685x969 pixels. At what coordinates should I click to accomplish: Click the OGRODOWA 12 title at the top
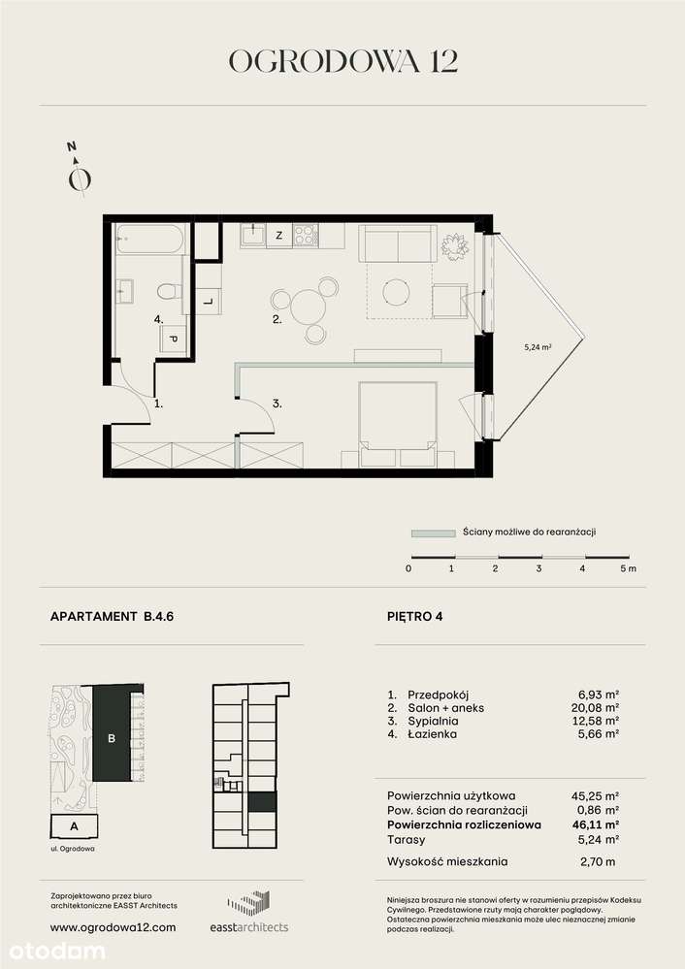pos(342,61)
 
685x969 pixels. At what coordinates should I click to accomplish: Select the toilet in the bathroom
pos(168,289)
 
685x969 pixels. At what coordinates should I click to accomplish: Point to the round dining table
pos(307,307)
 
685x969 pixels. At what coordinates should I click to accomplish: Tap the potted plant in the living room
pos(453,246)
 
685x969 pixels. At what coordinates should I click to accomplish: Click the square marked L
pos(208,301)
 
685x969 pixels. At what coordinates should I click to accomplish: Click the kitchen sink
pos(253,234)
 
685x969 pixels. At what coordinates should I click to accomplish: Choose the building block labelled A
pos(76,826)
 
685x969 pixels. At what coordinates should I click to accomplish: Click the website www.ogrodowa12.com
pos(112,926)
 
